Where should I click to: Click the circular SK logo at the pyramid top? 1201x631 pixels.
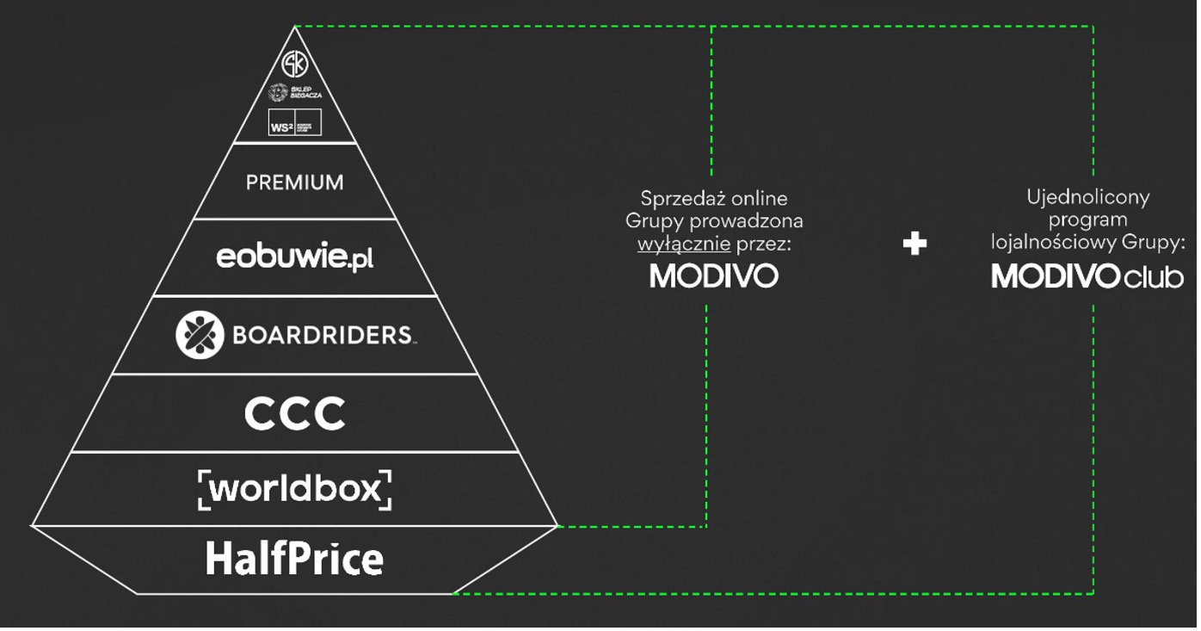click(x=295, y=64)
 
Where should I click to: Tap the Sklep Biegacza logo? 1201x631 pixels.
click(x=295, y=92)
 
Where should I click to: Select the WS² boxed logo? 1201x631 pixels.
click(x=295, y=122)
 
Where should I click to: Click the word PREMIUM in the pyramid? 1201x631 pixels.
click(x=295, y=182)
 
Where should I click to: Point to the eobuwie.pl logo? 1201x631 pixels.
click(x=295, y=257)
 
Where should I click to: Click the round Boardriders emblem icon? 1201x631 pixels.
click(x=200, y=335)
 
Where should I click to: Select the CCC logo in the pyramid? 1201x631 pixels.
click(x=295, y=414)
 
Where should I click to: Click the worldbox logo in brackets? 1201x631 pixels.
click(x=295, y=489)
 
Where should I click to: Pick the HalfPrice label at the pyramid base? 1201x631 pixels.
click(x=295, y=560)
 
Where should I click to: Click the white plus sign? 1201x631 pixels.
click(x=915, y=244)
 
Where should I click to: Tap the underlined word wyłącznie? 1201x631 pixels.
click(x=684, y=244)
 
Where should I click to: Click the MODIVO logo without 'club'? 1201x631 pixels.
click(x=714, y=276)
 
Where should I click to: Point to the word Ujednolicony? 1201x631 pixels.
click(x=1088, y=197)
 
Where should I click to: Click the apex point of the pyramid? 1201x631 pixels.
click(x=295, y=27)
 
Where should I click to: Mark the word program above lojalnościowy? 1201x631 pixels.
click(x=1087, y=220)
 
